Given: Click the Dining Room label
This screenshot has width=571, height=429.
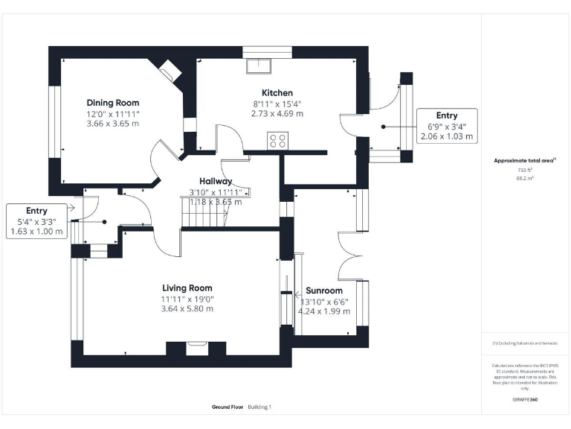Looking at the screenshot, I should click(112, 103).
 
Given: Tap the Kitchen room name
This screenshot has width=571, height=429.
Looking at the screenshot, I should click(277, 92).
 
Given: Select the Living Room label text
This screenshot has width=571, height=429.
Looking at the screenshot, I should click(187, 288).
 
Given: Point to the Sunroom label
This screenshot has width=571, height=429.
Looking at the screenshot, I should click(323, 290).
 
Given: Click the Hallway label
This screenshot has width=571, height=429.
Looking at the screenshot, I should click(216, 181).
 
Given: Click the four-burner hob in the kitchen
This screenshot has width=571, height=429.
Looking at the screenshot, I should click(278, 141).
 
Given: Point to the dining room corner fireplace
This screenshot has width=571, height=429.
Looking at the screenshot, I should click(168, 71).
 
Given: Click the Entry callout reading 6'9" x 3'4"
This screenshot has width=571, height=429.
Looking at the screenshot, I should click(446, 126).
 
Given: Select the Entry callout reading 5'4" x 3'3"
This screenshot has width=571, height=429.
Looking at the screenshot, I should click(36, 222).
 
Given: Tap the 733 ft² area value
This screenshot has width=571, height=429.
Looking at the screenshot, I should click(525, 171).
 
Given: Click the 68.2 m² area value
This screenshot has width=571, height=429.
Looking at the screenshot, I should click(525, 179).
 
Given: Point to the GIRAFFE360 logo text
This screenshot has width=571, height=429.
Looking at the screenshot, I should click(525, 400).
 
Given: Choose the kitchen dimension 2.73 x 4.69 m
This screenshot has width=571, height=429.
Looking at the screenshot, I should click(277, 114).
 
